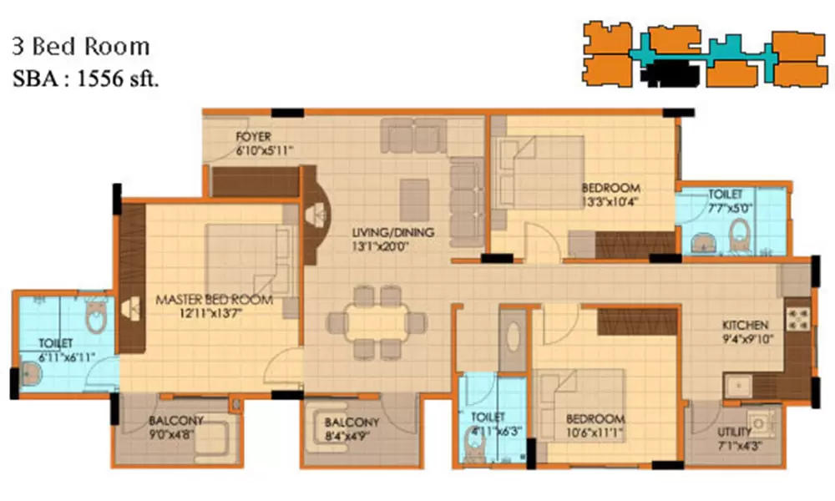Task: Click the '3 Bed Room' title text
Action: (x=80, y=46)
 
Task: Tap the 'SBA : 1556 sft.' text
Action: (x=85, y=79)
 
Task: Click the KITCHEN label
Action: (x=746, y=325)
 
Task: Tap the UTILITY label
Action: (x=734, y=433)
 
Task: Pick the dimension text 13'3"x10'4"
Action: (x=611, y=201)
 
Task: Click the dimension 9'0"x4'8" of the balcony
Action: (x=176, y=434)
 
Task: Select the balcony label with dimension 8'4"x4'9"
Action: (x=352, y=422)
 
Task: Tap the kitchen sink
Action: (x=739, y=386)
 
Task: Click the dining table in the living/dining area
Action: (x=367, y=321)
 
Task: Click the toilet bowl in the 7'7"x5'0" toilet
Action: (x=740, y=236)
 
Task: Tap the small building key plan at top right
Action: (x=706, y=54)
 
